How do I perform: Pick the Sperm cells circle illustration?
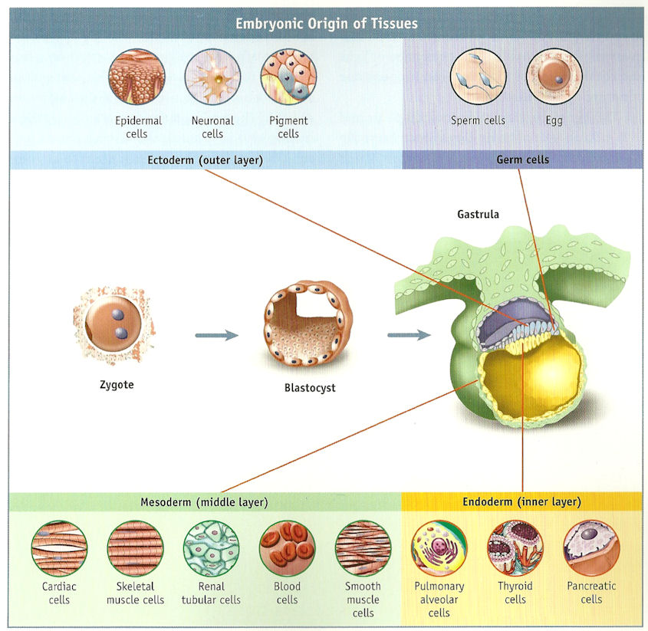coord(478,79)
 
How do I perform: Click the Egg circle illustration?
coord(554,79)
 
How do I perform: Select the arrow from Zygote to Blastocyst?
coord(216,335)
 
